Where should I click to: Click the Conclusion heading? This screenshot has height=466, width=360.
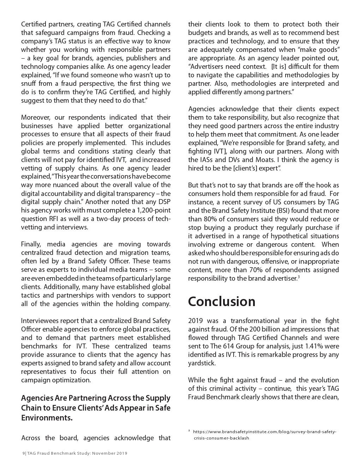tap(222, 301)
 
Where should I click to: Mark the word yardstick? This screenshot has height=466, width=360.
tap(202, 363)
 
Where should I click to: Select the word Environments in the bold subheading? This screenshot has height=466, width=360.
tap(47, 418)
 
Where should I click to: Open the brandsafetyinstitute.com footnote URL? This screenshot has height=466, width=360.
tap(265, 432)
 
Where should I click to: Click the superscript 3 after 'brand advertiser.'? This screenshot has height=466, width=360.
tap(299, 277)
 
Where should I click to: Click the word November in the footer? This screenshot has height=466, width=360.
tap(103, 454)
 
